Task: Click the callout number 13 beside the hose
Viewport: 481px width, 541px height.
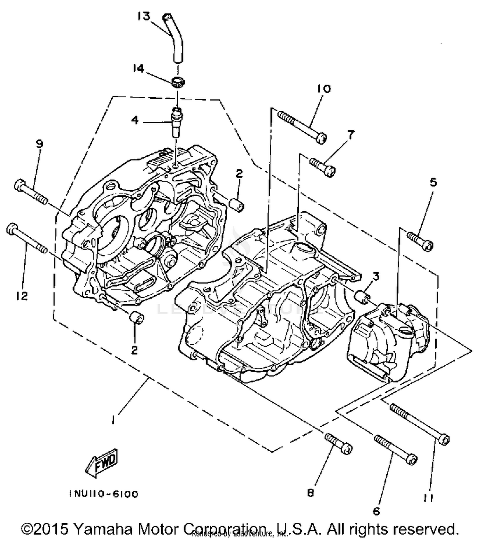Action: tap(144, 16)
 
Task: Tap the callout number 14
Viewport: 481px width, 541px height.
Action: tap(139, 68)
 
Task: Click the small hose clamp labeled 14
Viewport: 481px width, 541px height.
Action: tap(176, 82)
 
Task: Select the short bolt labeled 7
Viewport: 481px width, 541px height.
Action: tap(322, 166)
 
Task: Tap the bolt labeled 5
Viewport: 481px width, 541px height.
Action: tap(420, 241)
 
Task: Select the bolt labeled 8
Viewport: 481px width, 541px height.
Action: tap(338, 443)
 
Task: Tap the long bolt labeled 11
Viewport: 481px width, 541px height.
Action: tap(419, 424)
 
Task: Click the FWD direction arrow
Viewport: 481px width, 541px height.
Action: tap(102, 463)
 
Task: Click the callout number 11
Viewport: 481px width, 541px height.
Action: tap(428, 498)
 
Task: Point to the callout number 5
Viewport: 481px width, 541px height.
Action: tap(433, 183)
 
